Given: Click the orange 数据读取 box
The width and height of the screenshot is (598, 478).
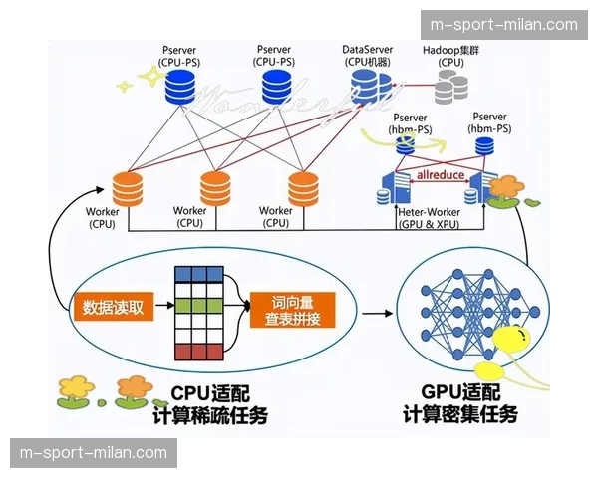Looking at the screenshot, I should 112,307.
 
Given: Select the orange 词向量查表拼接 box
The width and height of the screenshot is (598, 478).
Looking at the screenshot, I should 292,310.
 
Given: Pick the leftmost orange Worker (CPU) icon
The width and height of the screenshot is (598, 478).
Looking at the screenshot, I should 130,186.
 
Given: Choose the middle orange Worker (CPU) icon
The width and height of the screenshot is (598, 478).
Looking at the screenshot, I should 216,186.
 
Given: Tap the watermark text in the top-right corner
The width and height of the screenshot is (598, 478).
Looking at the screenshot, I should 503,24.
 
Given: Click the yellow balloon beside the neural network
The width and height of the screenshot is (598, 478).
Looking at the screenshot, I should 518,344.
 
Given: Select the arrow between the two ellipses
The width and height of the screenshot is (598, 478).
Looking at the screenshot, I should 376,312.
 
